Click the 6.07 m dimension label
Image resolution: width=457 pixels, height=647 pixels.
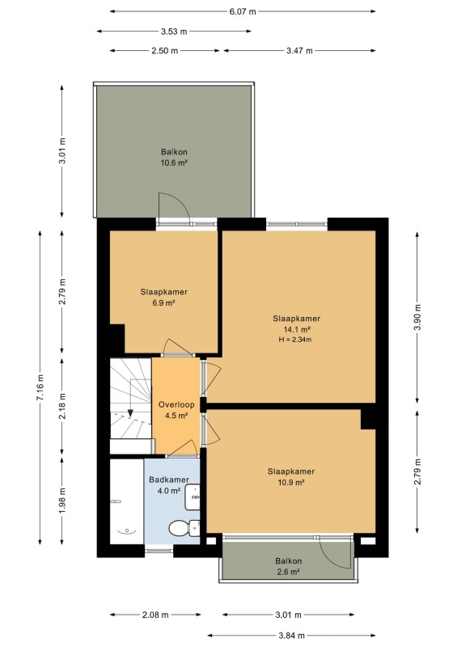pyautogui.click(x=243, y=11)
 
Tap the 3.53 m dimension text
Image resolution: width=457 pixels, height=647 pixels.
pyautogui.click(x=174, y=32)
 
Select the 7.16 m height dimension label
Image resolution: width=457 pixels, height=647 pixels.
pyautogui.click(x=40, y=387)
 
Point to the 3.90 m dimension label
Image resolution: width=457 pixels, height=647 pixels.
pyautogui.click(x=417, y=317)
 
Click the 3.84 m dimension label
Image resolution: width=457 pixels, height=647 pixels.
pyautogui.click(x=291, y=636)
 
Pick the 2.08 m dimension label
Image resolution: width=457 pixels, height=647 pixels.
pyautogui.click(x=155, y=615)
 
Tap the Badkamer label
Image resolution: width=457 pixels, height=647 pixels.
pyautogui.click(x=169, y=480)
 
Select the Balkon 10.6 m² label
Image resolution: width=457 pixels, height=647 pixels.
pyautogui.click(x=174, y=157)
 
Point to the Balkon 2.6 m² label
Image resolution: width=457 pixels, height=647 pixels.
pyautogui.click(x=289, y=566)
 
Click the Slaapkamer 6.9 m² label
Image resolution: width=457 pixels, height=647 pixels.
pyautogui.click(x=164, y=297)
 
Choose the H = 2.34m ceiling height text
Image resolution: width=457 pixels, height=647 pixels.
pyautogui.click(x=295, y=340)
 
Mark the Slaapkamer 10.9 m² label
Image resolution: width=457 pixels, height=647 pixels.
pyautogui.click(x=291, y=476)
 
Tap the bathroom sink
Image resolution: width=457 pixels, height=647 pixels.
pyautogui.click(x=193, y=497)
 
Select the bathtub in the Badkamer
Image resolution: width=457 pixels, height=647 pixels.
pyautogui.click(x=127, y=501)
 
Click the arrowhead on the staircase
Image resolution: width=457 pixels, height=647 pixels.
pyautogui.click(x=130, y=412)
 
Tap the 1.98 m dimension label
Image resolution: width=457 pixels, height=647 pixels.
pyautogui.click(x=62, y=501)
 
